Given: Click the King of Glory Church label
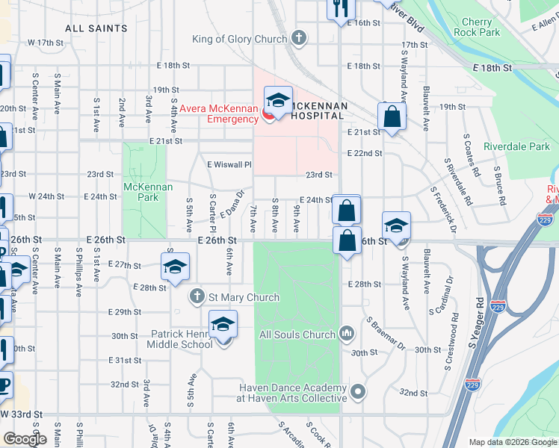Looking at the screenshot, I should (x=239, y=39).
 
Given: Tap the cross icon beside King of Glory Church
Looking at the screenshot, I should (x=298, y=38).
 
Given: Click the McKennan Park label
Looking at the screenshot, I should (x=143, y=192).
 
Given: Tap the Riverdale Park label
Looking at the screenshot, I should (x=516, y=146).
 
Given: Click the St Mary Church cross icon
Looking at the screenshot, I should (x=197, y=297).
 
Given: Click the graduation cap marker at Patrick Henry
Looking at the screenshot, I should (x=223, y=325).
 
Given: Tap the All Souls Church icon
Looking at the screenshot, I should (x=346, y=333).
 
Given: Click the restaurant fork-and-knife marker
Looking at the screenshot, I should (x=339, y=8).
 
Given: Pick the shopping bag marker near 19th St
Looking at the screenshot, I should (x=392, y=116).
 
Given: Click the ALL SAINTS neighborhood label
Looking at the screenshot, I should (x=96, y=28).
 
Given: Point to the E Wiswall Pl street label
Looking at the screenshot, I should (x=229, y=164).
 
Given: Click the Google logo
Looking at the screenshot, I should (x=25, y=438).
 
